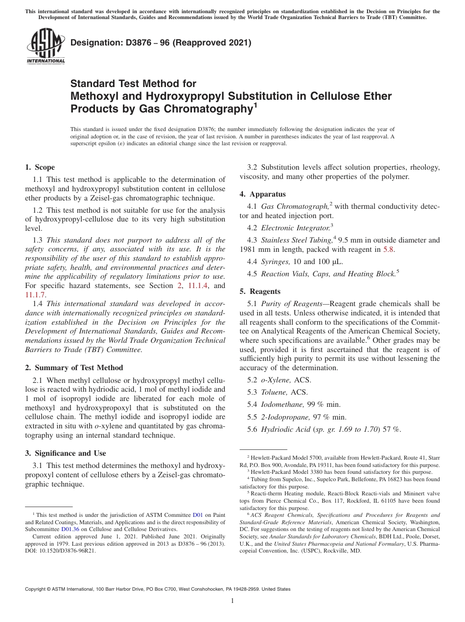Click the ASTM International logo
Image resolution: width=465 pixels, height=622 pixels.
(x=46, y=46)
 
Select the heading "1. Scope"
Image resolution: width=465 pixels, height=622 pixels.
(x=40, y=167)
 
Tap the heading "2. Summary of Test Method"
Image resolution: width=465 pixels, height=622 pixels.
(x=74, y=368)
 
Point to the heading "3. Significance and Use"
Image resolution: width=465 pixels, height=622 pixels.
(x=65, y=453)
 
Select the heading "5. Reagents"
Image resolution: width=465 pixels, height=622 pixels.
(x=260, y=291)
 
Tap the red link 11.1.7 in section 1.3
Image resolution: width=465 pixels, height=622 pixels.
(x=35, y=295)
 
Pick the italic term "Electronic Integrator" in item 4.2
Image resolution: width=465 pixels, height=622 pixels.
(x=295, y=228)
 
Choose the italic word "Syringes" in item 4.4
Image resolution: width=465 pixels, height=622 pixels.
(x=276, y=262)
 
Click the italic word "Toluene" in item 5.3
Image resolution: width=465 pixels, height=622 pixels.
(x=274, y=392)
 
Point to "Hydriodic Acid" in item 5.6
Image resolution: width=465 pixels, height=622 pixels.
(x=286, y=429)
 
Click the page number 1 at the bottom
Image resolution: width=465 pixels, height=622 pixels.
(x=232, y=601)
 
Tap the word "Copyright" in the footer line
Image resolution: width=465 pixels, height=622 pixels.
(x=38, y=589)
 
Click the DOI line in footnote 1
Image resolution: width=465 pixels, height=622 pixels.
(x=61, y=550)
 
